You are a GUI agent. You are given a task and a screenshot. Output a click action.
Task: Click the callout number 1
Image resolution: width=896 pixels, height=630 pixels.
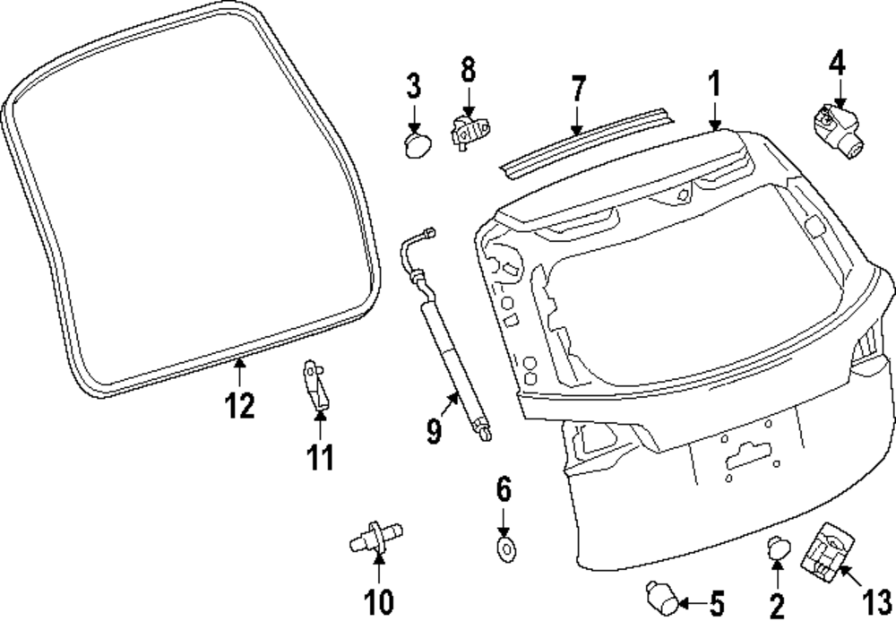[x=714, y=86]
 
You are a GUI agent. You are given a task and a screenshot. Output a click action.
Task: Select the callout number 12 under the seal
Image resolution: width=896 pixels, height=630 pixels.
[x=240, y=405]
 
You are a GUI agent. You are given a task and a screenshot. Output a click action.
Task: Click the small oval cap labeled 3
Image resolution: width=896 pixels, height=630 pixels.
[x=418, y=145]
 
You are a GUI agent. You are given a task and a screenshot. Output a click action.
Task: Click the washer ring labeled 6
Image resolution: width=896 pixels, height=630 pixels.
[x=505, y=548]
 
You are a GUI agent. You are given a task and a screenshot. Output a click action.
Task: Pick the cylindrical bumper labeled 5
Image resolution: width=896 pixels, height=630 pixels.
[x=660, y=597]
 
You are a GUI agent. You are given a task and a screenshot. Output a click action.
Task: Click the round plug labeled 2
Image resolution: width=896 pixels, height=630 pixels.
[x=777, y=547]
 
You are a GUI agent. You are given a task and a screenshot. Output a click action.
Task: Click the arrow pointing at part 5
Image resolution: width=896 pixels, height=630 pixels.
[x=692, y=603]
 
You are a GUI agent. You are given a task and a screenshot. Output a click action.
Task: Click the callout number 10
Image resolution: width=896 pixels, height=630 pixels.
[x=379, y=601]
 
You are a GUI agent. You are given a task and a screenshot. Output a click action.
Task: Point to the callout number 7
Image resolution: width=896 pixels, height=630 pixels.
[x=578, y=89]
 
